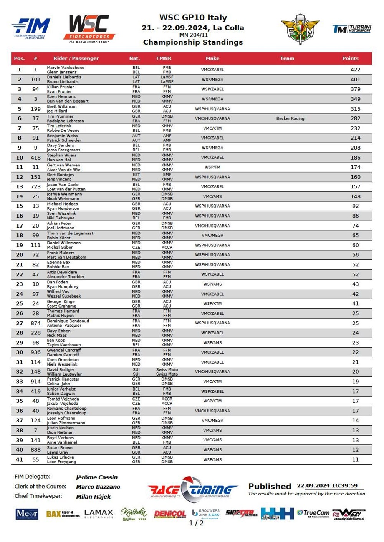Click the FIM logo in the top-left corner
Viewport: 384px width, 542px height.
pyautogui.click(x=31, y=28)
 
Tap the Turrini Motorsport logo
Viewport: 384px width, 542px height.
pyautogui.click(x=352, y=29)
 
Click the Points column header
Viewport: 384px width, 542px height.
pyautogui.click(x=350, y=58)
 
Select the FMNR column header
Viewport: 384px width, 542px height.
pyautogui.click(x=164, y=58)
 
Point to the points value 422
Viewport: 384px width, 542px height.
pyautogui.click(x=355, y=70)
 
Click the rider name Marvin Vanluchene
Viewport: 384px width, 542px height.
pyautogui.click(x=66, y=68)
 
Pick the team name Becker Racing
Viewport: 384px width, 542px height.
pyautogui.click(x=290, y=118)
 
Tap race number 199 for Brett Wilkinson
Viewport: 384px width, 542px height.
pyautogui.click(x=36, y=109)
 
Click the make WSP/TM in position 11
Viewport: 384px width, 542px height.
pyautogui.click(x=212, y=167)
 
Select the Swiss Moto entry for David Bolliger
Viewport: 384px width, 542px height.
pyautogui.click(x=167, y=370)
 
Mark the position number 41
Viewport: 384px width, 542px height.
pyautogui.click(x=20, y=459)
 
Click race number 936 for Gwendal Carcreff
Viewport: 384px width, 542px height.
pyautogui.click(x=36, y=352)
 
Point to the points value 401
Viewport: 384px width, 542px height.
pyautogui.click(x=355, y=80)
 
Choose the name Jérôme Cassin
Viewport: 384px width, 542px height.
pyautogui.click(x=97, y=477)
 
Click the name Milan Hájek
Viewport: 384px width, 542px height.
pyautogui.click(x=93, y=497)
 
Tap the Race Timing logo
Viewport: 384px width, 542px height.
pyautogui.click(x=193, y=489)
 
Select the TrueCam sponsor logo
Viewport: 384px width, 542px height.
pyautogui.click(x=313, y=514)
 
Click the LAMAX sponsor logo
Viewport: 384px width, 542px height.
pyautogui.click(x=99, y=514)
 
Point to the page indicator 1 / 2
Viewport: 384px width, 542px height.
pyautogui.click(x=196, y=523)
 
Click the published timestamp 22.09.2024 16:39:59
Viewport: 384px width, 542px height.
pyautogui.click(x=327, y=485)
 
